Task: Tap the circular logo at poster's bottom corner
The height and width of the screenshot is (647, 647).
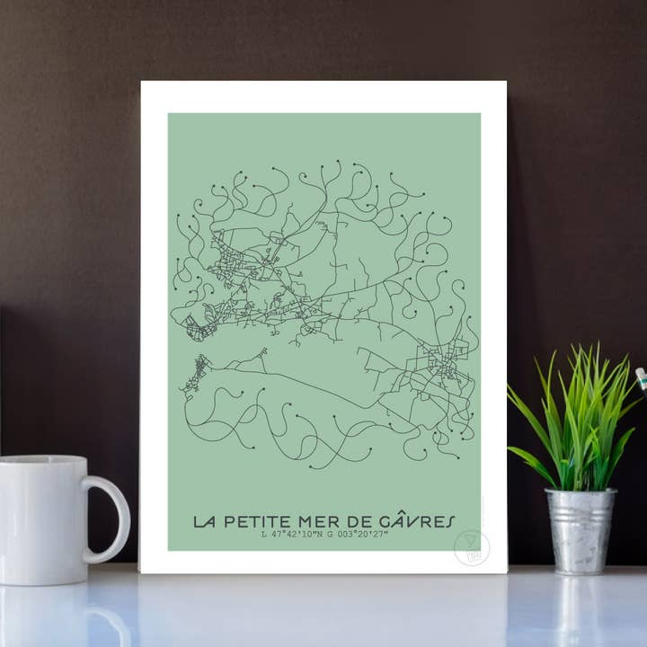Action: [x=472, y=547]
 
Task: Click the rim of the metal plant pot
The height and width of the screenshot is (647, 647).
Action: [x=581, y=492]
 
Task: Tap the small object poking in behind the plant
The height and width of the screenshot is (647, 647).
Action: [x=642, y=378]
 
